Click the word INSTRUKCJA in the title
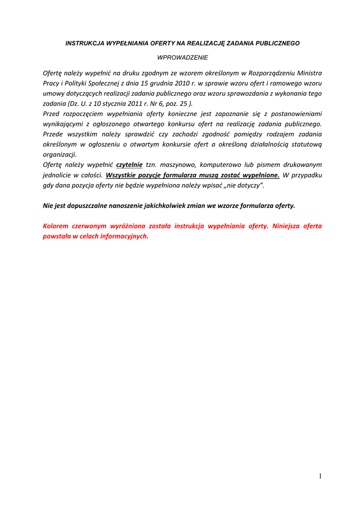click(84, 43)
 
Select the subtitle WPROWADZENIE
click(183, 58)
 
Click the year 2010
click(183, 83)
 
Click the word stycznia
click(114, 104)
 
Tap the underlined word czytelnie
click(129, 164)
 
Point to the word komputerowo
click(221, 164)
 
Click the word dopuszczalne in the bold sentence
click(84, 205)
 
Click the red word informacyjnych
click(124, 236)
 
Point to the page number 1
click(320, 476)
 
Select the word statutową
click(306, 144)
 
